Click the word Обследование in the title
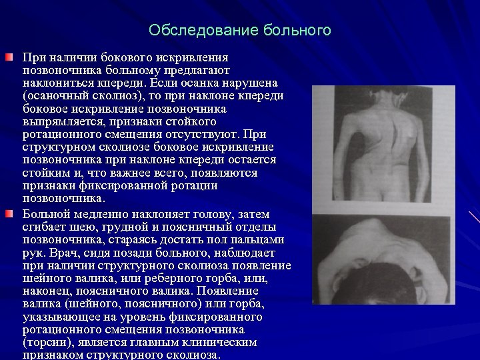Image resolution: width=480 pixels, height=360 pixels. (192, 31)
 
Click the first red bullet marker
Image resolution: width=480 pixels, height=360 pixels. (7, 58)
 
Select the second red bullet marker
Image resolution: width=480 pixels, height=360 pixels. (7, 213)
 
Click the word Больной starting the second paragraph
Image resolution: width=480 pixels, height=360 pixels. (47, 214)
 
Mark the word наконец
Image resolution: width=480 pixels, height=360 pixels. (47, 291)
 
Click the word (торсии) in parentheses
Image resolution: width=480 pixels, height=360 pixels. (50, 342)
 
